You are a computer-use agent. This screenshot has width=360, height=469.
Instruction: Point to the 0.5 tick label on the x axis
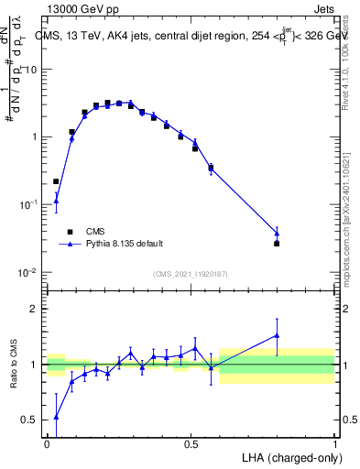tap(191, 443)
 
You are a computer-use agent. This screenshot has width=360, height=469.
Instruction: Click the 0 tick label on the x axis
tap(47, 443)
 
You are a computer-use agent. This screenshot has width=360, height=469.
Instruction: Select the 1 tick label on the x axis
tap(334, 443)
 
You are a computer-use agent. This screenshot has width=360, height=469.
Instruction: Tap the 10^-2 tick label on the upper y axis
tap(30, 273)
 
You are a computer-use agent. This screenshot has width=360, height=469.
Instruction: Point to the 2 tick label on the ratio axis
tap(35, 309)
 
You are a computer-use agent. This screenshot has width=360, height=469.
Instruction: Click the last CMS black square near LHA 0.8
tap(277, 244)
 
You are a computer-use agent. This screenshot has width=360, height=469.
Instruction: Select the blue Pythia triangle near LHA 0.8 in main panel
tap(277, 234)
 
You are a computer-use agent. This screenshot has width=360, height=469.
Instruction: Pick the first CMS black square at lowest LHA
tap(56, 181)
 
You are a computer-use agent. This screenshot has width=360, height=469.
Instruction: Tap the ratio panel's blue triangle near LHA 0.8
tap(277, 336)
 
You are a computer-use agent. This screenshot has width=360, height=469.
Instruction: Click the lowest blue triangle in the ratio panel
tap(56, 416)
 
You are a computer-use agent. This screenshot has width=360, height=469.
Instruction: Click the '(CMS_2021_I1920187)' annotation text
tap(191, 273)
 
